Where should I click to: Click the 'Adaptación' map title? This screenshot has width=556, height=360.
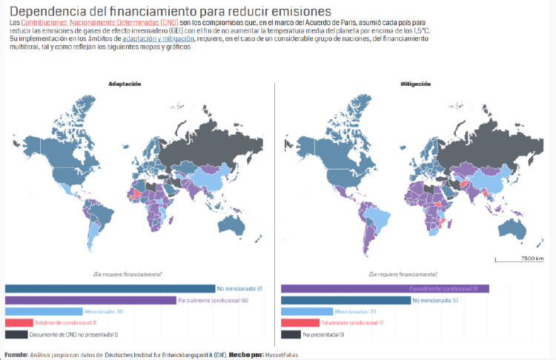(125, 84)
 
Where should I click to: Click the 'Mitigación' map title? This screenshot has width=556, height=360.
(415, 84)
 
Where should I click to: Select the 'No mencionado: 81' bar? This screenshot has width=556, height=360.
(110, 288)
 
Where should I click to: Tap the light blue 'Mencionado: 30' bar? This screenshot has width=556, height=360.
(43, 312)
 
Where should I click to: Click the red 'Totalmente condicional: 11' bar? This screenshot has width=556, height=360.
(19, 323)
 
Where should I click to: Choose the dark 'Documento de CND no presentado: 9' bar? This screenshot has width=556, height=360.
(16, 335)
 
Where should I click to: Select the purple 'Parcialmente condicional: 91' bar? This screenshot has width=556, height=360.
(385, 288)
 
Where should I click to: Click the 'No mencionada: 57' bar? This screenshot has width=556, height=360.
(345, 300)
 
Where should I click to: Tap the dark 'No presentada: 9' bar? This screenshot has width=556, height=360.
(291, 335)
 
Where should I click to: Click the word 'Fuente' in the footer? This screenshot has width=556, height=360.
(16, 355)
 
